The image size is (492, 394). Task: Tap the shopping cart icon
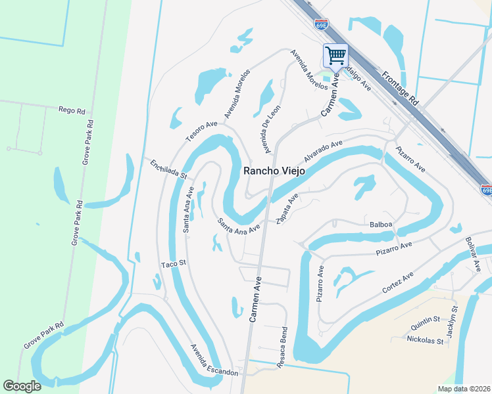click(x=335, y=55)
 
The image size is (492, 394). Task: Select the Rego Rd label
click(x=72, y=110)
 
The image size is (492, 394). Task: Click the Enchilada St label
click(x=168, y=169)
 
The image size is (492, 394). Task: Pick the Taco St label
click(x=175, y=265)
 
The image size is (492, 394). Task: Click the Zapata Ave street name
click(x=287, y=209)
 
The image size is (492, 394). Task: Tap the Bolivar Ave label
click(x=474, y=253)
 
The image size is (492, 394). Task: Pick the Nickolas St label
click(x=424, y=341)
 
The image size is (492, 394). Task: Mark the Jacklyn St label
click(x=451, y=322)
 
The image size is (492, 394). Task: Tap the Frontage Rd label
click(x=401, y=89)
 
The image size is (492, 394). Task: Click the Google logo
click(x=22, y=386)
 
